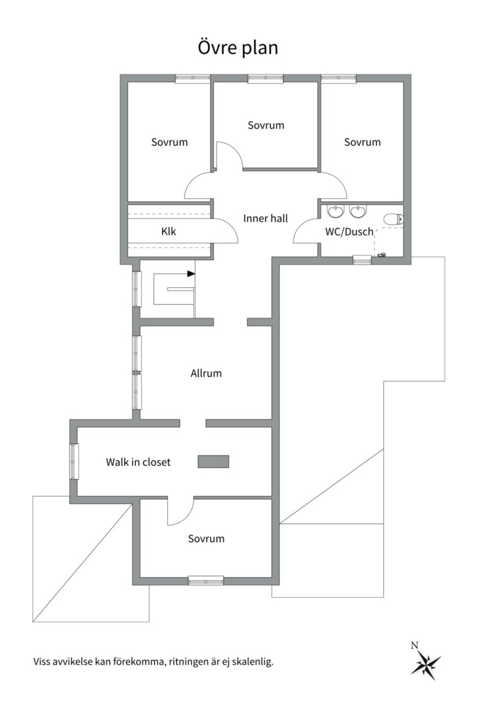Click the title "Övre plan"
pyautogui.click(x=238, y=48)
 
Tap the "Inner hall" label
pyautogui.click(x=266, y=219)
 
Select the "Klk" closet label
pyautogui.click(x=169, y=231)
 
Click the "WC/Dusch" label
pyautogui.click(x=349, y=232)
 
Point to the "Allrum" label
pyautogui.click(x=206, y=373)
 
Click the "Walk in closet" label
pyautogui.click(x=138, y=462)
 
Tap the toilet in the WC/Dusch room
pyautogui.click(x=393, y=219)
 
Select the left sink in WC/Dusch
pyautogui.click(x=336, y=211)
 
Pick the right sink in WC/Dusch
pyautogui.click(x=358, y=211)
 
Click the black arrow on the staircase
pyautogui.click(x=191, y=274)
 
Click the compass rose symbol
pyautogui.click(x=426, y=661)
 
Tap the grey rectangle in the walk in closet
pyautogui.click(x=213, y=461)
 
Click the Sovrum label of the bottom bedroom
pyautogui.click(x=206, y=538)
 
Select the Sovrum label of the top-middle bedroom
pyautogui.click(x=266, y=125)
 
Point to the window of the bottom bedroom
pyautogui.click(x=206, y=580)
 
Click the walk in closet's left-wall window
pyautogui.click(x=74, y=461)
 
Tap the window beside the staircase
pyautogui.click(x=137, y=289)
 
